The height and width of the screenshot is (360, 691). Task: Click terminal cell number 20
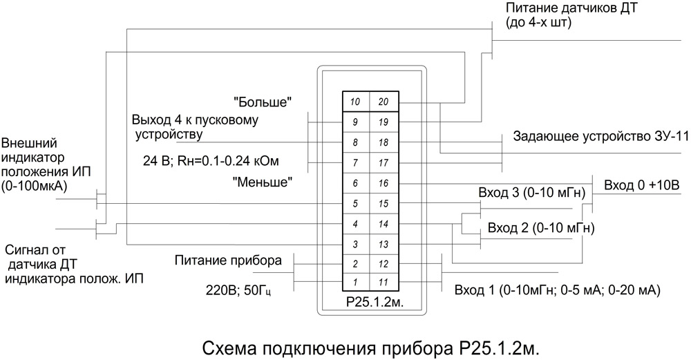(x=384, y=102)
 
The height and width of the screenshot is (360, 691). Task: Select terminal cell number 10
(x=357, y=102)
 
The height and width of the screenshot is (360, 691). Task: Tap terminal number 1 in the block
(x=357, y=282)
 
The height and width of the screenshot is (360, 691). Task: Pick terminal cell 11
(x=384, y=282)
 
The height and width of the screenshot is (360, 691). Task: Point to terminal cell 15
(x=384, y=203)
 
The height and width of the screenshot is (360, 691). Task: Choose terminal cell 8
(x=357, y=142)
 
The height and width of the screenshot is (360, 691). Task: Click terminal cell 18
(x=384, y=142)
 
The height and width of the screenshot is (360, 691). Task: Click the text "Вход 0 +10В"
(x=642, y=187)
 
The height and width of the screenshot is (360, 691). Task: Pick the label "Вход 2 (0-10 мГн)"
(x=541, y=227)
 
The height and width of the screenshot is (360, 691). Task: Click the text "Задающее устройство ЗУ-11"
(x=601, y=136)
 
